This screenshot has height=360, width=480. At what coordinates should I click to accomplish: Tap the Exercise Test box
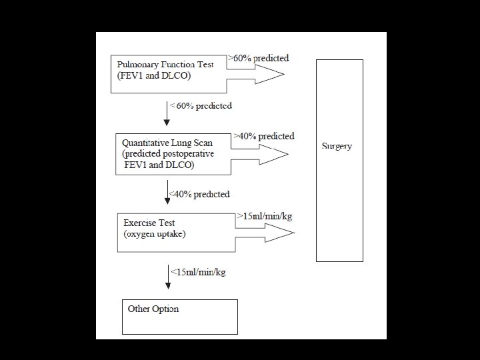177,231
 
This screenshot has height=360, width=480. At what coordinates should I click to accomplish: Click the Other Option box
180,316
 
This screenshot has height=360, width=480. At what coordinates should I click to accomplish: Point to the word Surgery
337,146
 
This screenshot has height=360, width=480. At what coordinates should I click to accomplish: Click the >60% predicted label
259,58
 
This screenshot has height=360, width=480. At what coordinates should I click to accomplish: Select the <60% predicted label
201,105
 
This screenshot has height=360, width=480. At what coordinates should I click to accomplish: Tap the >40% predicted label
264,136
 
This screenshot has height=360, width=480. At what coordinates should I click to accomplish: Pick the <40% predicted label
199,194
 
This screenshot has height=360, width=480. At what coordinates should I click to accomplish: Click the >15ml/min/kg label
265,216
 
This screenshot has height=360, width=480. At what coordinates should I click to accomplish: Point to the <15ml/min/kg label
198,271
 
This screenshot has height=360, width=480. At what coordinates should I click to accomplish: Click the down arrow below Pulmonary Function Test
167,113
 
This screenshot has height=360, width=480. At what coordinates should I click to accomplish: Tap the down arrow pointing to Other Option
168,277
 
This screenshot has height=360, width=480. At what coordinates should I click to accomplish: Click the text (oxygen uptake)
154,234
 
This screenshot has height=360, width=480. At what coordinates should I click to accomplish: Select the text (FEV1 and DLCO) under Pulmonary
154,75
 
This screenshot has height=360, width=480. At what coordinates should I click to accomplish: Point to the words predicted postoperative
168,153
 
